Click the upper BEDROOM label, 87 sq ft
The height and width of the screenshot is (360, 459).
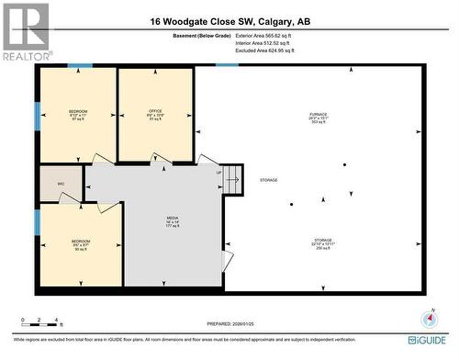click(x=77, y=115)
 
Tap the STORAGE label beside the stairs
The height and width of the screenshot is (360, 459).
click(x=268, y=180)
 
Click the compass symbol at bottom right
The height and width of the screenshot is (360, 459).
click(x=427, y=319)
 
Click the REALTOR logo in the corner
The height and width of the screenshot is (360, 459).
click(x=25, y=30)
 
